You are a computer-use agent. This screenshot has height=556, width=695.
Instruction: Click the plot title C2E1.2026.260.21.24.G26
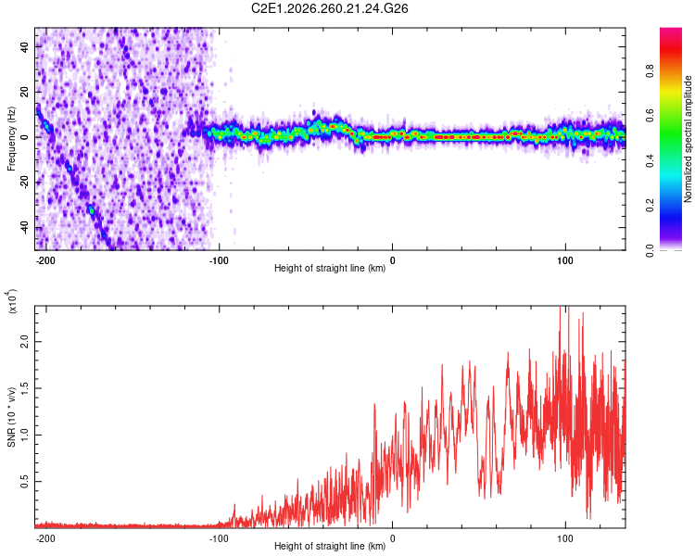(x=329, y=8)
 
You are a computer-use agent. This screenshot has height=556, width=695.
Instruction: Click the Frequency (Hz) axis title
(x=11, y=139)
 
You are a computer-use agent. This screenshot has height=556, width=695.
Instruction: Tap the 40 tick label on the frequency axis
(x=25, y=46)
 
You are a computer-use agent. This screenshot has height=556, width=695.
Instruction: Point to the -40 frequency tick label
(x=25, y=228)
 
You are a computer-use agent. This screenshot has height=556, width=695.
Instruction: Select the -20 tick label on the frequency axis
(x=25, y=183)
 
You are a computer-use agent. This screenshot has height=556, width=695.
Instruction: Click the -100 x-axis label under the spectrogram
(x=218, y=260)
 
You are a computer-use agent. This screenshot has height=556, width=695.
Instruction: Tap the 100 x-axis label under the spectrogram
(x=565, y=260)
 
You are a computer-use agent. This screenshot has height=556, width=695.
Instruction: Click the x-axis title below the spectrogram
(x=330, y=268)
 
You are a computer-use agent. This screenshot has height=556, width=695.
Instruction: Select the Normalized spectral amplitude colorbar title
(x=688, y=139)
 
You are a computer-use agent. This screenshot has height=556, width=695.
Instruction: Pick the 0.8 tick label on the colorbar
(x=650, y=71)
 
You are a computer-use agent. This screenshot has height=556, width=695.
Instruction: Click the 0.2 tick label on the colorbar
(x=650, y=206)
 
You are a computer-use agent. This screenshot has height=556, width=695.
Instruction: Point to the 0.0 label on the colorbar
(x=650, y=250)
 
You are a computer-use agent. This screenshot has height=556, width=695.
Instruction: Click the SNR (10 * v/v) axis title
(x=11, y=417)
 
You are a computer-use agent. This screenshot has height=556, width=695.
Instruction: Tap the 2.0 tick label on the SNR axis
(x=25, y=342)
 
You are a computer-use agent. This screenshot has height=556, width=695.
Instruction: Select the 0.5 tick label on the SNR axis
(x=25, y=482)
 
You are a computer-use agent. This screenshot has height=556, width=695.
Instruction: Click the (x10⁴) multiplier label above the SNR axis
(x=12, y=301)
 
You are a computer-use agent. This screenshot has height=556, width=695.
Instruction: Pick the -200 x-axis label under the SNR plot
(x=44, y=538)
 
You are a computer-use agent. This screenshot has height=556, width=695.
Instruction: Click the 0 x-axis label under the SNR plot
(x=392, y=538)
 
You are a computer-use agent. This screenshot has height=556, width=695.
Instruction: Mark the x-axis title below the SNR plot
(x=330, y=546)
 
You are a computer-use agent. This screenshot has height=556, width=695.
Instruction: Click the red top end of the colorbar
(x=671, y=31)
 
